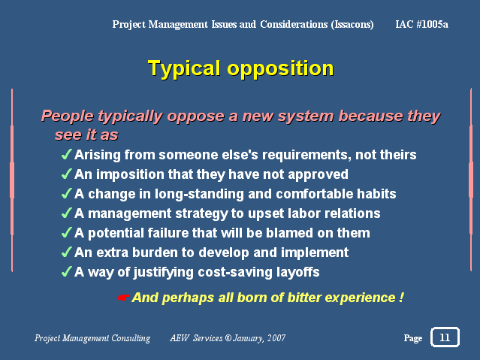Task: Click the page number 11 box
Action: point(445,337)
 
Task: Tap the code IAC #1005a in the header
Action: point(422,24)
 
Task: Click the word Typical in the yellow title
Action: point(184,68)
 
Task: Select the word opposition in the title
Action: point(280,68)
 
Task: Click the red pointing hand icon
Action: point(123,297)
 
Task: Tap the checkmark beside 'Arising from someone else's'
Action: point(67,154)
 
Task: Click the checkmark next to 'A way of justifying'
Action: point(67,271)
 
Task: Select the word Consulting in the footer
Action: point(131,338)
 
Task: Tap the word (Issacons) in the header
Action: point(352,25)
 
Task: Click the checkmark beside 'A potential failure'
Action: point(67,232)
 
